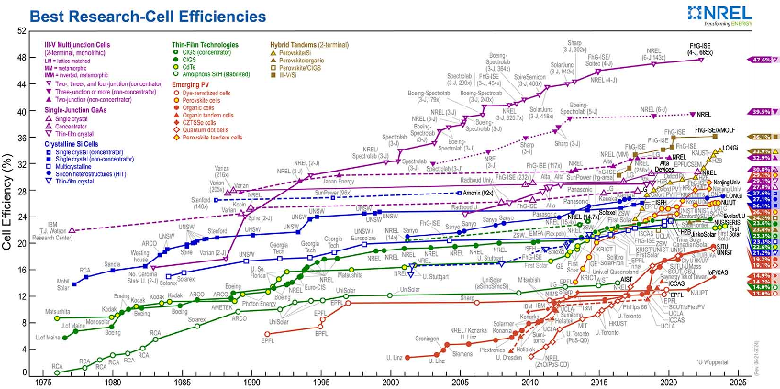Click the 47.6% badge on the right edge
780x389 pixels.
point(760,59)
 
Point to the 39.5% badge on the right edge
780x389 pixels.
point(760,112)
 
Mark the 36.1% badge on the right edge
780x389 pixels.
point(760,136)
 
